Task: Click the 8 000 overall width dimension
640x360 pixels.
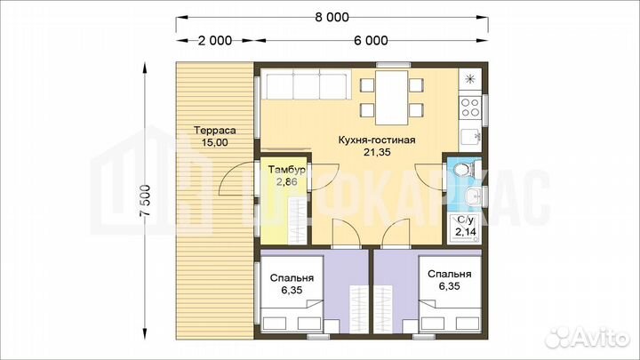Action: coord(332,17)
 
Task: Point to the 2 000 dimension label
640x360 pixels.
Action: coord(215,40)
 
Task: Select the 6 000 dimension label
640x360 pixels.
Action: coord(371,40)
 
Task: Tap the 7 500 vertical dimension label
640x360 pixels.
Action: coord(145,201)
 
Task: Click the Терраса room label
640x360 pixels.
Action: coord(215,130)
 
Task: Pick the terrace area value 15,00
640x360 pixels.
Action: coord(215,142)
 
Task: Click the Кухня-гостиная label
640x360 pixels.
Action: coord(377,140)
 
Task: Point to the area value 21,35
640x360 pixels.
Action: coord(377,152)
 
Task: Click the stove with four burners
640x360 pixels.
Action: coord(470,107)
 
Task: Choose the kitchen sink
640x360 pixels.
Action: coord(471,137)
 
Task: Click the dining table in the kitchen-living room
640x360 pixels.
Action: coord(391,98)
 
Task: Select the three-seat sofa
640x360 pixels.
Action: coord(306,84)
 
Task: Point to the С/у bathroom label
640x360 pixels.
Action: coord(465,220)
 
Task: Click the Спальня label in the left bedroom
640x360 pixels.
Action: coord(292,278)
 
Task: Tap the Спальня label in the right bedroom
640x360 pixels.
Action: coord(450,275)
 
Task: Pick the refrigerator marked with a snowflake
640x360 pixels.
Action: coord(470,80)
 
